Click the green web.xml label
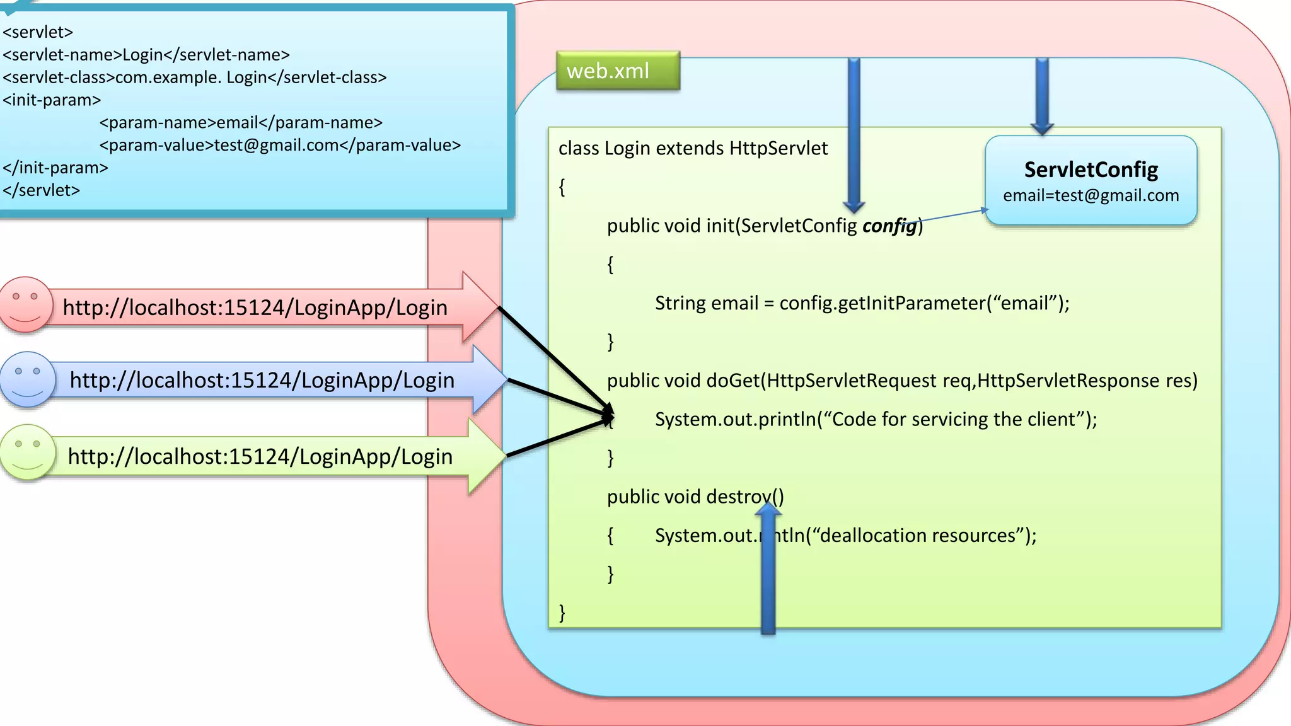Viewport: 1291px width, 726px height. tap(618, 71)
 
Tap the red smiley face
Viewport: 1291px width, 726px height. tap(26, 304)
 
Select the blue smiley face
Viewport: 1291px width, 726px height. tap(27, 379)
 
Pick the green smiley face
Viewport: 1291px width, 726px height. tap(27, 452)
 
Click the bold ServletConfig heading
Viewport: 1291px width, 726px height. tap(1091, 170)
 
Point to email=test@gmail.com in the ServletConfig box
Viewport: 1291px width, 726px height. tap(1091, 195)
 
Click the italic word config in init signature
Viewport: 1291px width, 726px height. tap(889, 226)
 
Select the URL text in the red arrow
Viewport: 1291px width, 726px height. tap(255, 308)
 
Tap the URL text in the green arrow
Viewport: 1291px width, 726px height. tap(260, 456)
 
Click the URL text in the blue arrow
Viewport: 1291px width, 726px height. tap(262, 380)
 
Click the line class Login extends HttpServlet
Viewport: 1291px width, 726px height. tap(692, 148)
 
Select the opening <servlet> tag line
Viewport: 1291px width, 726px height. tap(38, 32)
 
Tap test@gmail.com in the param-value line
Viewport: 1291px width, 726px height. tap(276, 146)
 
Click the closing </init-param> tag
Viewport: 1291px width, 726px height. tap(55, 168)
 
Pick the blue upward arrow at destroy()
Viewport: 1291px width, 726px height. tap(768, 567)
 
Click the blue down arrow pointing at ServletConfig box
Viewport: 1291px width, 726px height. tap(1042, 95)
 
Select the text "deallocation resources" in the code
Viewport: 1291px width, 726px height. tap(917, 536)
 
